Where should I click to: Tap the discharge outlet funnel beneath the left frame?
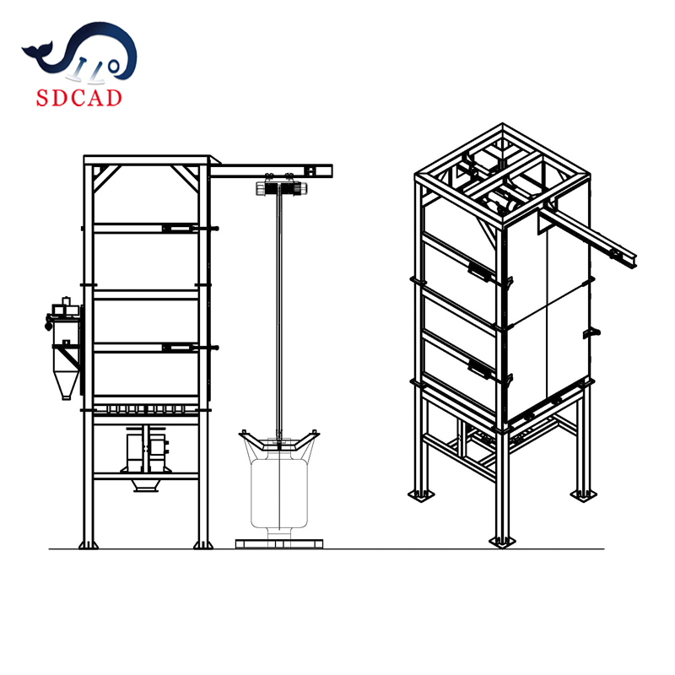[x=146, y=486]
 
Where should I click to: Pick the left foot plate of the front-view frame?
[x=88, y=544]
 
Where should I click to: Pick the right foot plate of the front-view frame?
[x=202, y=544]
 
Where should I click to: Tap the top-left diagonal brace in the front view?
[x=106, y=178]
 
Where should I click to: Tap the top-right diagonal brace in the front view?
[x=186, y=178]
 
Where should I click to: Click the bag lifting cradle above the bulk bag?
[x=278, y=440]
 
